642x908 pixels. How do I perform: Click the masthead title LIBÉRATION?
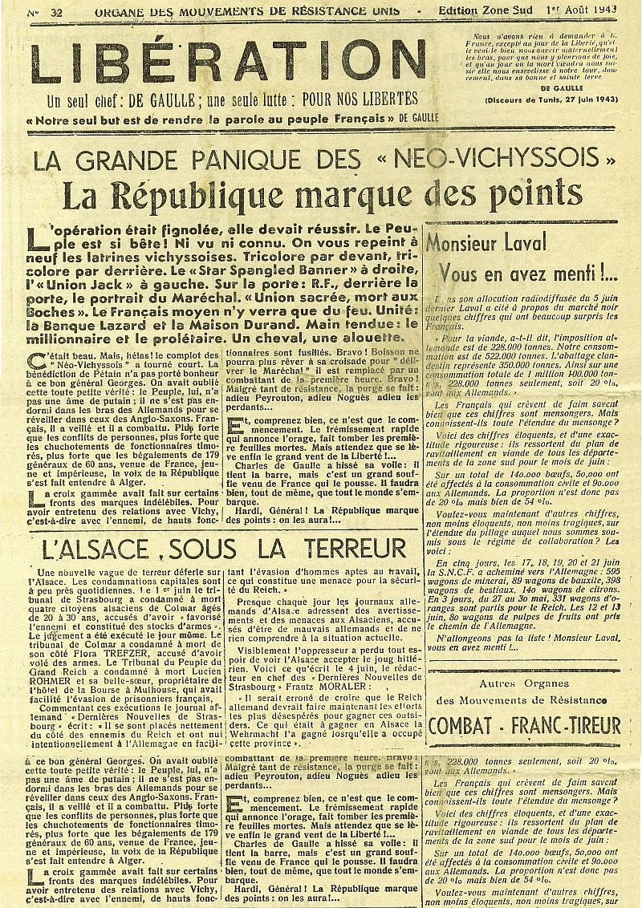(226, 61)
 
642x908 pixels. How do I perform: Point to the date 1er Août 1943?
(592, 11)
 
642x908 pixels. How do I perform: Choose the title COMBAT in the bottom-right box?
(465, 725)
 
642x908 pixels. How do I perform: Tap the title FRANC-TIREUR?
(571, 725)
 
